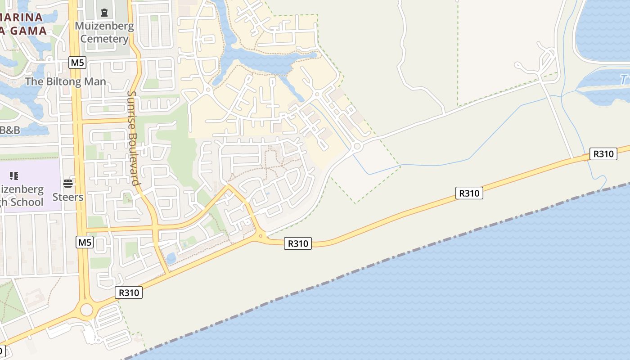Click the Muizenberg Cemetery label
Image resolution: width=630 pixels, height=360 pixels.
[104, 32]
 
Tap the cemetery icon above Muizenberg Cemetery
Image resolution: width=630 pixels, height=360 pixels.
[104, 12]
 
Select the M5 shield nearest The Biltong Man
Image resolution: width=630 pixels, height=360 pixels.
[77, 62]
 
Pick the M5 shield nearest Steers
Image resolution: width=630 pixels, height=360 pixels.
[85, 242]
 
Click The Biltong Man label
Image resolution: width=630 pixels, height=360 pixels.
[66, 81]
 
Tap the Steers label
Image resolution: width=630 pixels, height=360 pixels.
[68, 197]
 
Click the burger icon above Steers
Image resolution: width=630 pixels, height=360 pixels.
[68, 183]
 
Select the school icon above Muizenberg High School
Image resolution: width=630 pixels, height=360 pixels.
[13, 175]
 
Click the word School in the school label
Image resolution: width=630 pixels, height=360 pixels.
[27, 202]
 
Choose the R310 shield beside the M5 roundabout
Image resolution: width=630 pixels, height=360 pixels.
[129, 292]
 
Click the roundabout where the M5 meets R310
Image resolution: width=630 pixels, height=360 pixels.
[86, 310]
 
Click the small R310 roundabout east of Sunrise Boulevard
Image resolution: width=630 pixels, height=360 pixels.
[261, 236]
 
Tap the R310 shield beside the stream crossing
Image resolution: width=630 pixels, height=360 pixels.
[603, 154]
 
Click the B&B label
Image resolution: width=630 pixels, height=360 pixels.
[10, 130]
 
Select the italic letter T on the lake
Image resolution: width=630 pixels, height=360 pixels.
[623, 80]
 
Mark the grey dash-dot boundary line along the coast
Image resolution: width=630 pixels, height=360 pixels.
[360, 270]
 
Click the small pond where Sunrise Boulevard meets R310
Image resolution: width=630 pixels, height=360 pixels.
[171, 258]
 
